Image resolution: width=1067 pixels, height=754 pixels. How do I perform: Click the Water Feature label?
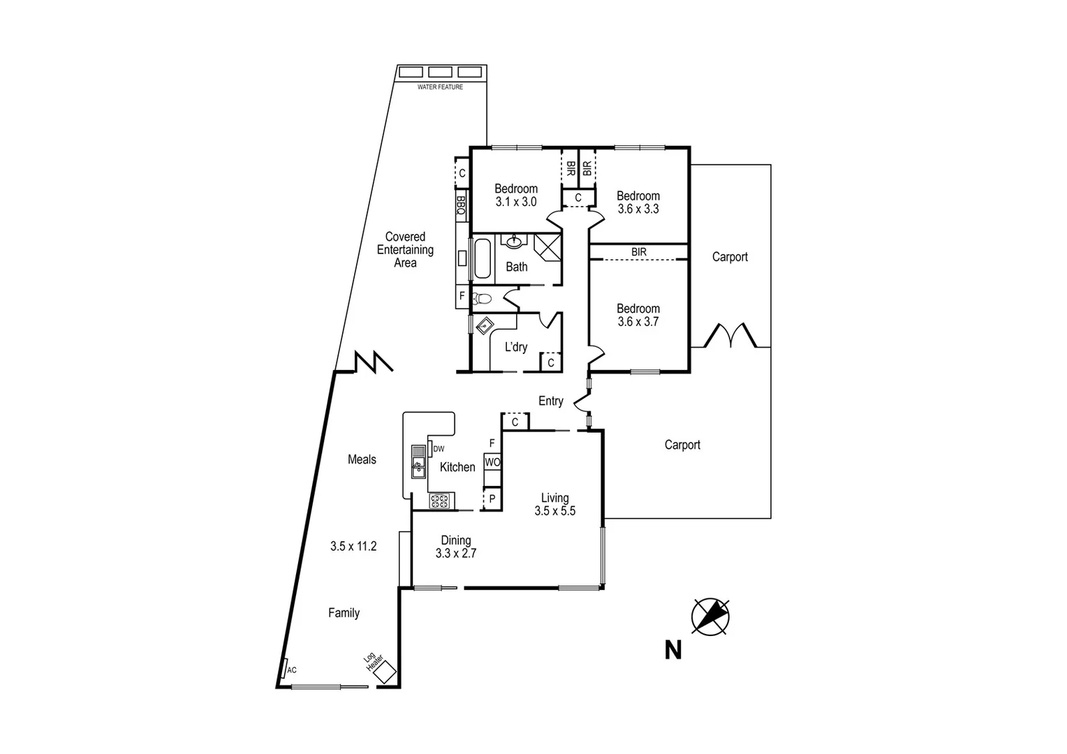click(440, 87)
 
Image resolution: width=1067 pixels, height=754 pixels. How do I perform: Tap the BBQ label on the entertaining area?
click(461, 205)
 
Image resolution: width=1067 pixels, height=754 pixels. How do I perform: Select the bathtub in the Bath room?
click(483, 260)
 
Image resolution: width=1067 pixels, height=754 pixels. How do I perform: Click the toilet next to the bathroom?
click(481, 300)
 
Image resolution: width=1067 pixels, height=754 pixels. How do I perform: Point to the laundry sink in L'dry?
click(485, 325)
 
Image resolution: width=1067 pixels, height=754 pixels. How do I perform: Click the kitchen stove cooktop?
click(440, 500)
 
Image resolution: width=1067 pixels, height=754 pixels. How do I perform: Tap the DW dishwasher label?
click(439, 449)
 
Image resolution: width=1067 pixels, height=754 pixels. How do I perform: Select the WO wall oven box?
click(492, 462)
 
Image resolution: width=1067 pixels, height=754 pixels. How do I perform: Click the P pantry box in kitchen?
click(492, 499)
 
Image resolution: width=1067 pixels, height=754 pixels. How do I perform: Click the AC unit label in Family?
click(291, 670)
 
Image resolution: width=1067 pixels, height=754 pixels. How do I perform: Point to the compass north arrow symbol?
click(710, 616)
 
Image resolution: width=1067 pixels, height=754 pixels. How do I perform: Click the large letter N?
click(672, 650)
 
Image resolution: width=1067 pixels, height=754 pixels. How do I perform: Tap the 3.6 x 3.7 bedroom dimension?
click(638, 322)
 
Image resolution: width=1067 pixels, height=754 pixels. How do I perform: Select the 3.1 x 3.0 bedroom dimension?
click(516, 202)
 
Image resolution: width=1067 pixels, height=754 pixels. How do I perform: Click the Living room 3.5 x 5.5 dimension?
click(554, 511)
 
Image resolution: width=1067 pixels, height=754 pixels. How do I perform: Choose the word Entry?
click(550, 401)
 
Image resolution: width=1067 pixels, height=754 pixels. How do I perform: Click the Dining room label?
click(455, 540)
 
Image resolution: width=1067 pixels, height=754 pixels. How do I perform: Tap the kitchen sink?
click(418, 461)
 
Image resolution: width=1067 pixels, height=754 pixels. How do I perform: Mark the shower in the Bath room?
click(547, 247)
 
